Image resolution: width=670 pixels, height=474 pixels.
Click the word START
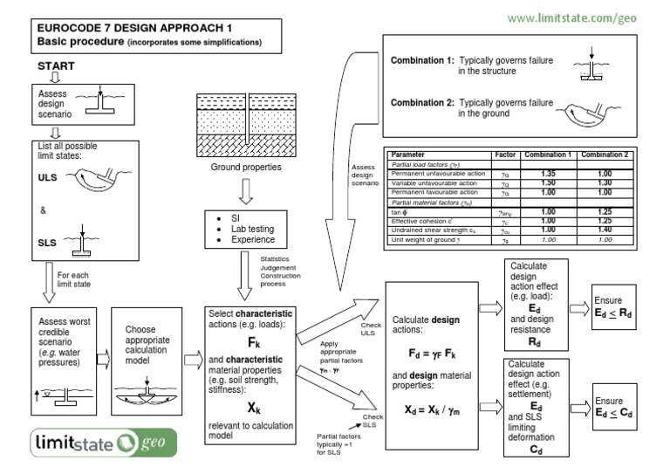pos(56,66)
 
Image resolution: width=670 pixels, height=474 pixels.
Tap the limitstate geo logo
pos(103,442)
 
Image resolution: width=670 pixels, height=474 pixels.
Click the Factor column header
pos(505,154)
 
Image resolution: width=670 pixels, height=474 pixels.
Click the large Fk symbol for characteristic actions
pos(254,341)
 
